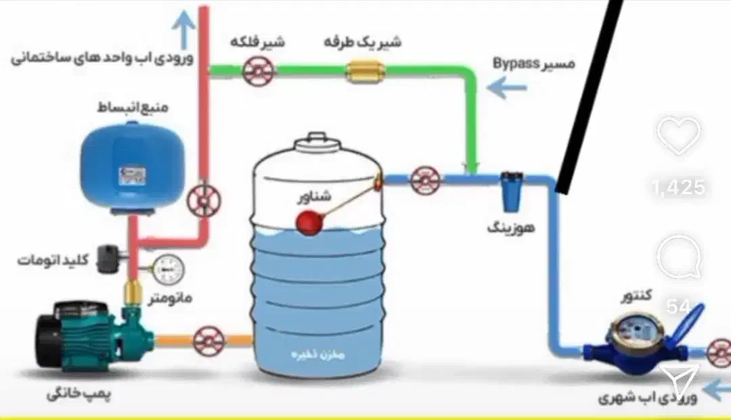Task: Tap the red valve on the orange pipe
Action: pyautogui.click(x=208, y=340)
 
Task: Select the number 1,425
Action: pyautogui.click(x=679, y=187)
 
